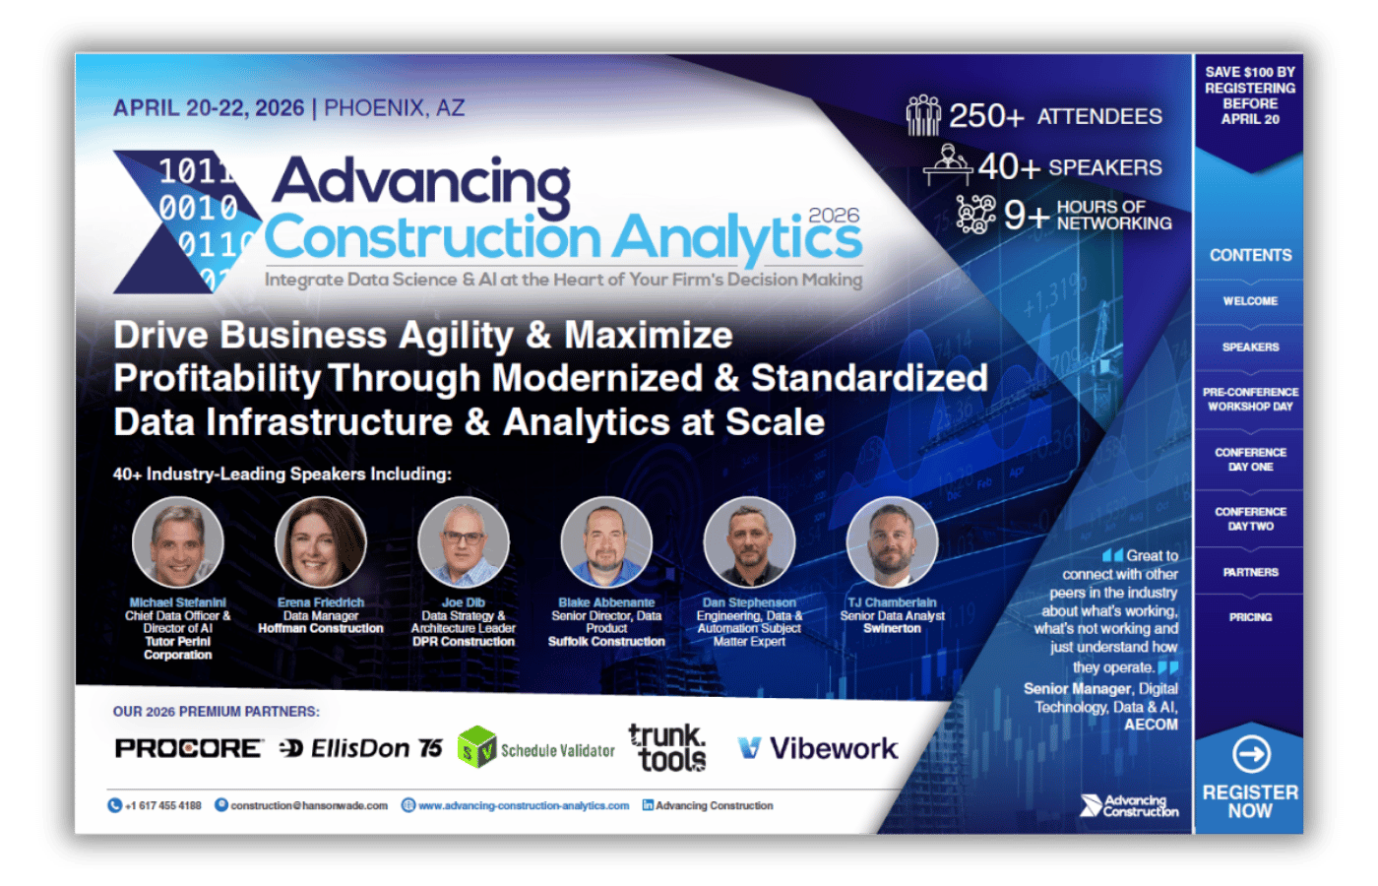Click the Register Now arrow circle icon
pyautogui.click(x=1250, y=755)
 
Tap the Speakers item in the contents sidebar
pyautogui.click(x=1250, y=348)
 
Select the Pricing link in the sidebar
pyautogui.click(x=1250, y=617)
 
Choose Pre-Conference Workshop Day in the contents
pyautogui.click(x=1250, y=399)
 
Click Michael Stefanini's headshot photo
pyautogui.click(x=178, y=542)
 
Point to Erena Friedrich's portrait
pyautogui.click(x=321, y=542)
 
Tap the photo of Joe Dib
pyautogui.click(x=464, y=542)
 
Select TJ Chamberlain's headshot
pyautogui.click(x=892, y=542)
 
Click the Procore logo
pyautogui.click(x=189, y=749)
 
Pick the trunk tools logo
pyautogui.click(x=667, y=748)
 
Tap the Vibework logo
pyautogui.click(x=818, y=749)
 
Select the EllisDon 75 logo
pyautogui.click(x=361, y=749)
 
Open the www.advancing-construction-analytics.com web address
pyautogui.click(x=523, y=805)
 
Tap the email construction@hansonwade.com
pyautogui.click(x=308, y=805)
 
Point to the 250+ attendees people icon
pyautogui.click(x=922, y=115)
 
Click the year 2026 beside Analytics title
pyautogui.click(x=834, y=216)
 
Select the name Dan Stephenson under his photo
pyautogui.click(x=749, y=602)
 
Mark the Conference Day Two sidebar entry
pyautogui.click(x=1250, y=519)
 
